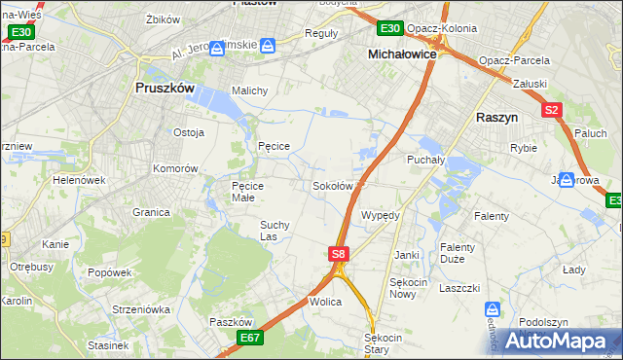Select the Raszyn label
[502, 115]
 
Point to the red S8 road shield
[338, 254]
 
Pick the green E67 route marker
[249, 337]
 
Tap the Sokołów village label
[332, 185]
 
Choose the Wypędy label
[381, 214]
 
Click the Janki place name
[407, 255]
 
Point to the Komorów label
[175, 168]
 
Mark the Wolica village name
[325, 302]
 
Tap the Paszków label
[231, 321]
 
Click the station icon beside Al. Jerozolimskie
[268, 45]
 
